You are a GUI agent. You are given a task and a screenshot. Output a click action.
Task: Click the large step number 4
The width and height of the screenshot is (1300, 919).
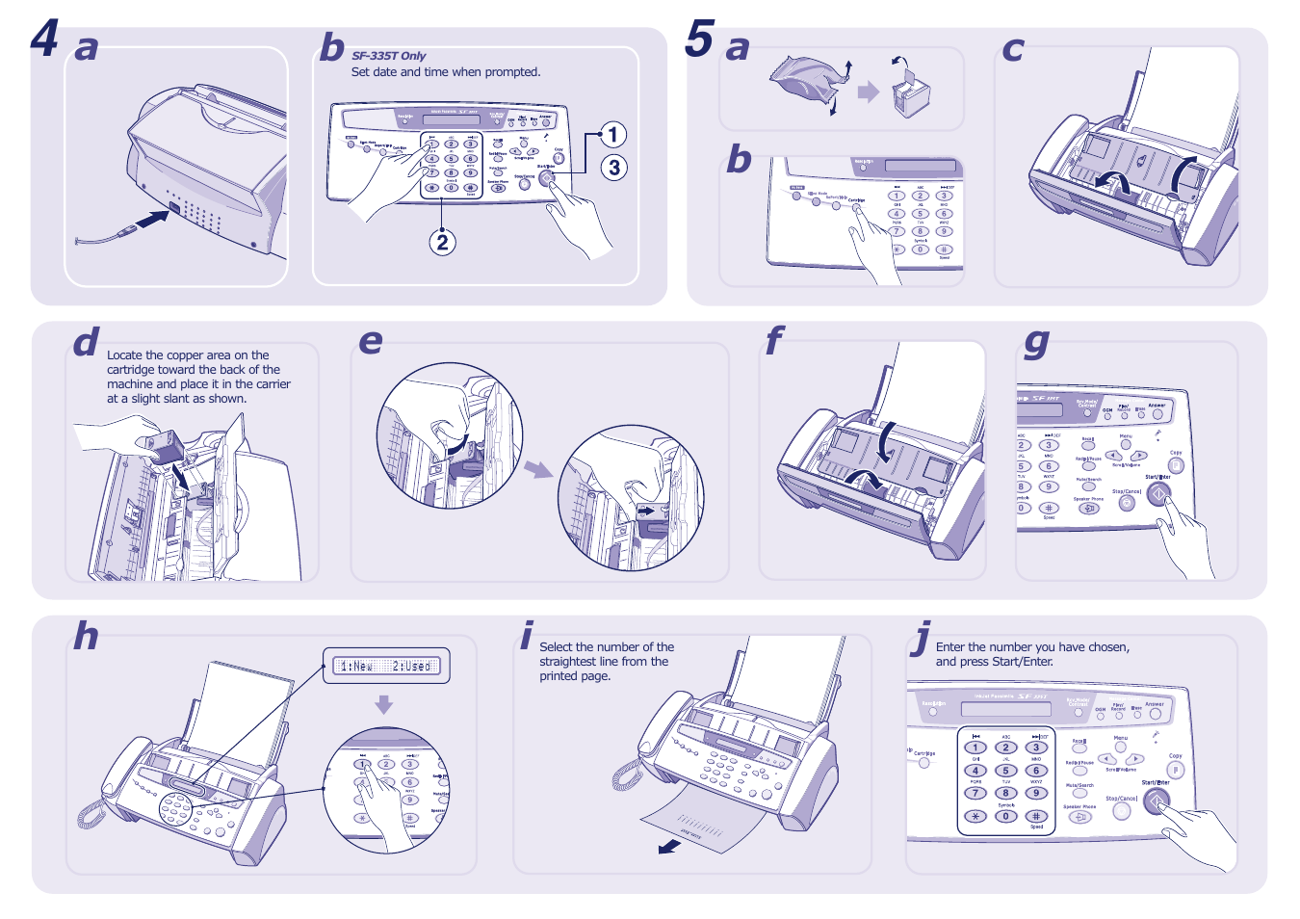(45, 39)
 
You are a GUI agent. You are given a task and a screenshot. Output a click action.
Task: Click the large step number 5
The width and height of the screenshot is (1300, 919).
(699, 39)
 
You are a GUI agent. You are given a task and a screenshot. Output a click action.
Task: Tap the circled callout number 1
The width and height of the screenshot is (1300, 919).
(612, 135)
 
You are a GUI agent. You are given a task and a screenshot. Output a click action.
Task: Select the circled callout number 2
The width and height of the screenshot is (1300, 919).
(442, 242)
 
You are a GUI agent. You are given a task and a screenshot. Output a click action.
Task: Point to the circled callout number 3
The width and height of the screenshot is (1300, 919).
(614, 168)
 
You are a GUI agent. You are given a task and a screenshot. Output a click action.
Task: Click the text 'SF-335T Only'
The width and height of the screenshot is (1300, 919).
(388, 56)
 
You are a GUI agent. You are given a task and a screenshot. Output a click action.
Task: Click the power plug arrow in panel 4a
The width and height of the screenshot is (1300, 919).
(150, 221)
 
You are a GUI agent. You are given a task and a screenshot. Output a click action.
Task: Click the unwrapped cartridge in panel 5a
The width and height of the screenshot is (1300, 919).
(910, 94)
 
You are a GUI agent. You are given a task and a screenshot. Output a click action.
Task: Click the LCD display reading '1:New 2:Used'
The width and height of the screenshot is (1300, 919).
(386, 666)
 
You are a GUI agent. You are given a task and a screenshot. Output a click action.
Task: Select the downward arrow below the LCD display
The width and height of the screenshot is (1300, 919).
(384, 704)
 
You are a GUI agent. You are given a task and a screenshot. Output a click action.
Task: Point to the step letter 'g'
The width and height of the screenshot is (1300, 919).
(1036, 341)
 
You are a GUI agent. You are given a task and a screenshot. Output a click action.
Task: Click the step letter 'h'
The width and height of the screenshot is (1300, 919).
(87, 636)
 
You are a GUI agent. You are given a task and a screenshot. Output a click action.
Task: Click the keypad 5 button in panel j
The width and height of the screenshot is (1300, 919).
(1005, 771)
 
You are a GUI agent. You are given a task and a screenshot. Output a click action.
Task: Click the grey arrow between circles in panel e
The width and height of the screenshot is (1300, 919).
(538, 469)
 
